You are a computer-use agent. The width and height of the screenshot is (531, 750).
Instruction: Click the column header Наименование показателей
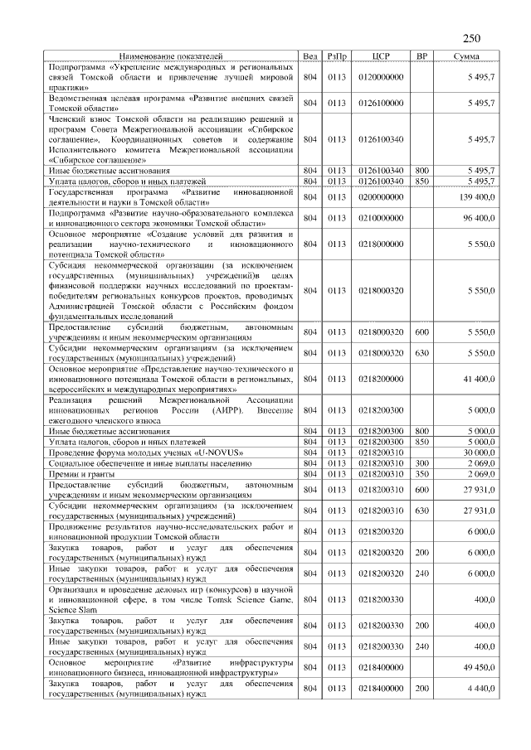(x=172, y=56)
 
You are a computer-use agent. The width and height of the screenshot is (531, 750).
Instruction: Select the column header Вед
(x=310, y=56)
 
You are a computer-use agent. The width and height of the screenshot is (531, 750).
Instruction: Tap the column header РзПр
(x=337, y=56)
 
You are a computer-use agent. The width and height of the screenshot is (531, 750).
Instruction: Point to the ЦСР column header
(x=381, y=56)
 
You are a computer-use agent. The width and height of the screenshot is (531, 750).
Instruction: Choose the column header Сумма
(x=465, y=56)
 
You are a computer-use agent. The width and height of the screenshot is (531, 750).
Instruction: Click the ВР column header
(x=421, y=56)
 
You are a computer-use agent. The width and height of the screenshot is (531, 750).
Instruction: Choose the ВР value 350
(x=421, y=474)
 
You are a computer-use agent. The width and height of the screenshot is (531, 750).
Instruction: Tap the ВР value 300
(x=421, y=463)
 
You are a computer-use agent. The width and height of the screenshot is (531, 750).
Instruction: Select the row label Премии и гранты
(x=79, y=474)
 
